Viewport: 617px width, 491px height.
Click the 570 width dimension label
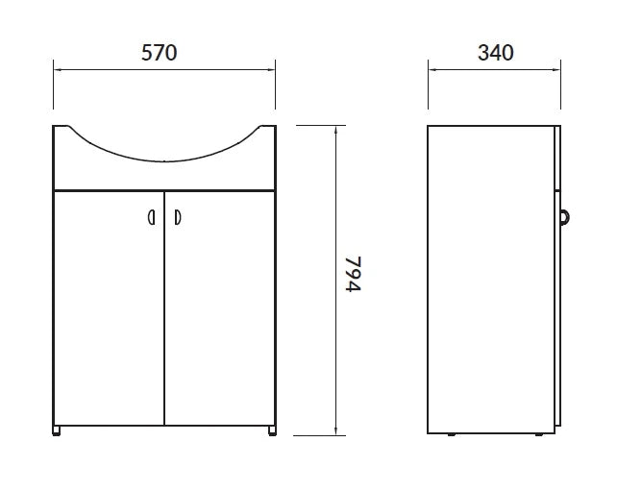click(x=159, y=53)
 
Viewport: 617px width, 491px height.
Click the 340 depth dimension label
click(x=495, y=53)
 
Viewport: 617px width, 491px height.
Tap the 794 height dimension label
click(x=353, y=274)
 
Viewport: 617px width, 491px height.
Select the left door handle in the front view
click(x=152, y=217)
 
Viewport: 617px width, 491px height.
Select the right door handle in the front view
click(x=178, y=217)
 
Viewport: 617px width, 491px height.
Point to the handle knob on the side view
click(x=564, y=217)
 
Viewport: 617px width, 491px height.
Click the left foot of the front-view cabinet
click(x=57, y=430)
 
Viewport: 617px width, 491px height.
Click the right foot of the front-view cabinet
click(x=272, y=430)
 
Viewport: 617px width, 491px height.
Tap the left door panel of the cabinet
click(x=109, y=308)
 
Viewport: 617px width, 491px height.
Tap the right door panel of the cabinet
click(x=219, y=308)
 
